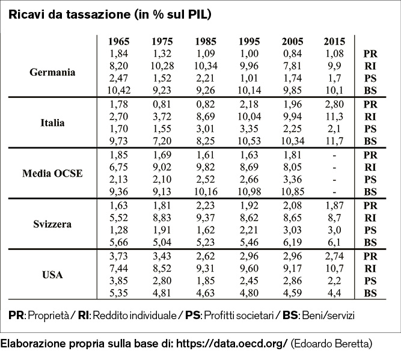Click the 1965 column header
118,41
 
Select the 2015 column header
334,41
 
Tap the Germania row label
52,72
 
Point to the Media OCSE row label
52,173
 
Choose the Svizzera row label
52,224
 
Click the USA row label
52,275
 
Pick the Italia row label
52,123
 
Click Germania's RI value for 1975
162,66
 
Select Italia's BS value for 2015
334,141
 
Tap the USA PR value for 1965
118,256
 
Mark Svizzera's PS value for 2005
293,230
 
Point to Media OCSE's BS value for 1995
249,192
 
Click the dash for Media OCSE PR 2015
334,156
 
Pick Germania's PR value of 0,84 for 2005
293,53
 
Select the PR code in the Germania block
370,54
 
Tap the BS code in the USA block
370,293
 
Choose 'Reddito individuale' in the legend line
135,316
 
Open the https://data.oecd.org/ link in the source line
232,344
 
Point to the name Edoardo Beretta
331,344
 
